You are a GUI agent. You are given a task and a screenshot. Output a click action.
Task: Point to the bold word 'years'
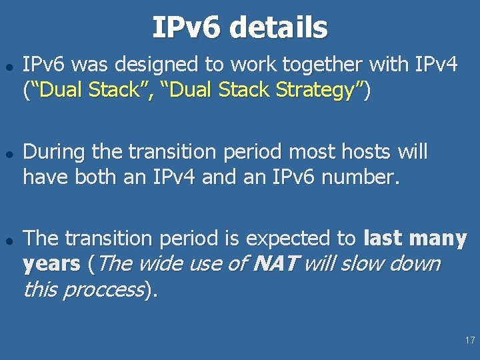coord(51,264)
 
